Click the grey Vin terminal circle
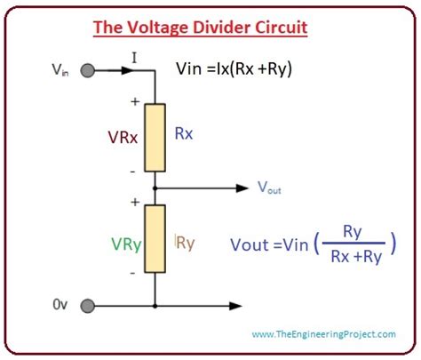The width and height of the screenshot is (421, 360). point(88,71)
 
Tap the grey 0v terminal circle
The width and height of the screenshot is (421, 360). point(88,306)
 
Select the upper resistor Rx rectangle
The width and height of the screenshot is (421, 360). point(155,138)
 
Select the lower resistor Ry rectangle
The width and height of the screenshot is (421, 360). point(155,239)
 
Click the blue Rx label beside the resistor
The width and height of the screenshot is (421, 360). point(184,133)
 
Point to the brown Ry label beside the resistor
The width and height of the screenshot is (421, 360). point(185,244)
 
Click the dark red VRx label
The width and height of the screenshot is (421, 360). point(123,138)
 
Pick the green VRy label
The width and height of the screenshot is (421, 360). point(126,245)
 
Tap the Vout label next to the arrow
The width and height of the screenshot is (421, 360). point(269,188)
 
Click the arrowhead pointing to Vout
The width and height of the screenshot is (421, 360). point(242,188)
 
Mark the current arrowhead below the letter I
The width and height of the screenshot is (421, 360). point(127,70)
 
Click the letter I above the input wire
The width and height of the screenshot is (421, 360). point(134,58)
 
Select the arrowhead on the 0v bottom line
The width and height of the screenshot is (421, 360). point(236,306)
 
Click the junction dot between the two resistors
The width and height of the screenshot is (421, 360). point(155,188)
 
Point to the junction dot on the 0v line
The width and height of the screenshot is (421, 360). point(155,306)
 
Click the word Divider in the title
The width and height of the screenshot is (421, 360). point(221,28)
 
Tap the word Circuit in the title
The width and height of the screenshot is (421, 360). point(282,28)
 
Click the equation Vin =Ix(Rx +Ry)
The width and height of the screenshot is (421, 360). point(234,69)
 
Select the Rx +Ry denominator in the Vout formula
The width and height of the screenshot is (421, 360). point(356,257)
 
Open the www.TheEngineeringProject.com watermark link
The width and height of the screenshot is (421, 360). point(324,334)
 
